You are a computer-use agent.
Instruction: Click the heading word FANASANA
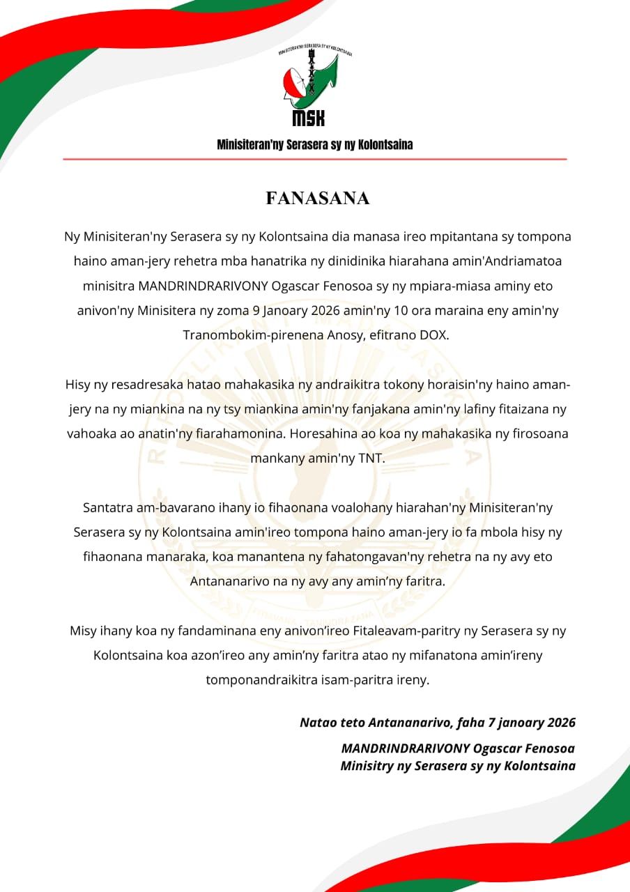click(x=317, y=199)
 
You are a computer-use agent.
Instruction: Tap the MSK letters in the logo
click(x=308, y=118)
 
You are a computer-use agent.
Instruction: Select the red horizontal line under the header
click(x=315, y=160)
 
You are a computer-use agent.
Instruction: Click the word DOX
click(x=433, y=335)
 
